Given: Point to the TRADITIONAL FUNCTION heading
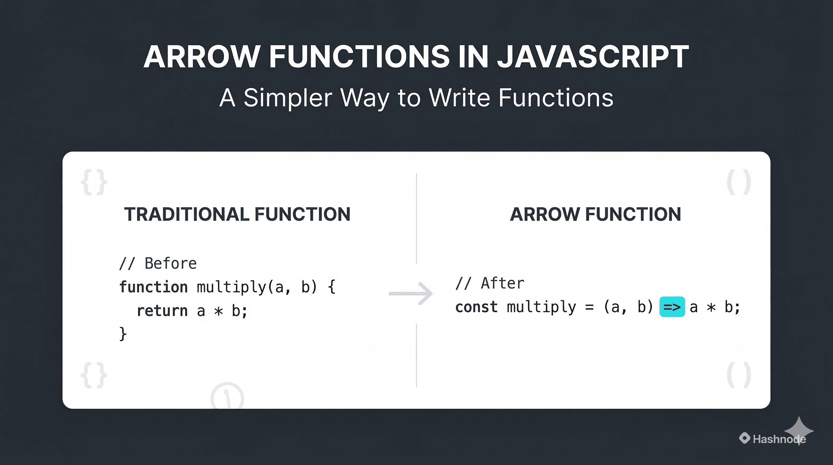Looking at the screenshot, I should (x=237, y=214).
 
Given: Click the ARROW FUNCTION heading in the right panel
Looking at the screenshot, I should (x=595, y=214).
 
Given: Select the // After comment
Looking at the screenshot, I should (x=489, y=284).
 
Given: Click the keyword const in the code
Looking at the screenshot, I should (x=476, y=307).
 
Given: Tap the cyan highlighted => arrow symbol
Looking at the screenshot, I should (x=672, y=307).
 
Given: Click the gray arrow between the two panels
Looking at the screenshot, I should (x=411, y=294).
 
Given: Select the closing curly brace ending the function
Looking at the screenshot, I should (x=123, y=334).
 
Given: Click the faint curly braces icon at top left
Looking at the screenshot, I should (x=94, y=182).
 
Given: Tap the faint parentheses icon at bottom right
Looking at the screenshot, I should (x=739, y=375).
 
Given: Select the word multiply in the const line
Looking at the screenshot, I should (x=541, y=307).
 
